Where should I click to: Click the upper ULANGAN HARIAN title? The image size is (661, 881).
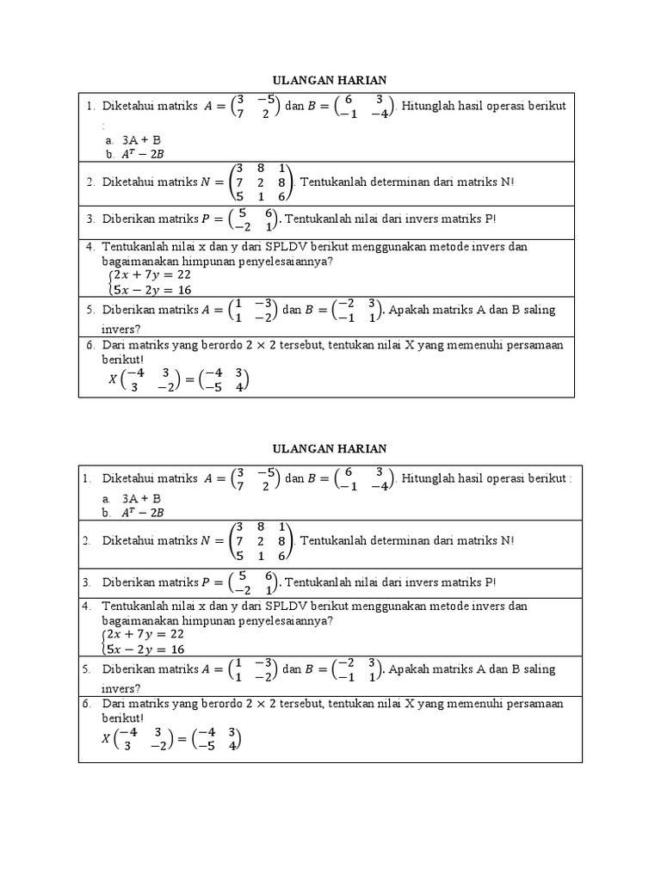click(330, 80)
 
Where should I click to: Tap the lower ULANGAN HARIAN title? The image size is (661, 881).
click(330, 449)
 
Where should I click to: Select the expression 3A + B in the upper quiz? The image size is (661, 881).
click(142, 139)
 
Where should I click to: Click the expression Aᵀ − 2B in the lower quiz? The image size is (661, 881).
click(144, 513)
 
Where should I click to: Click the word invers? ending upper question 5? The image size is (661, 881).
click(122, 328)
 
